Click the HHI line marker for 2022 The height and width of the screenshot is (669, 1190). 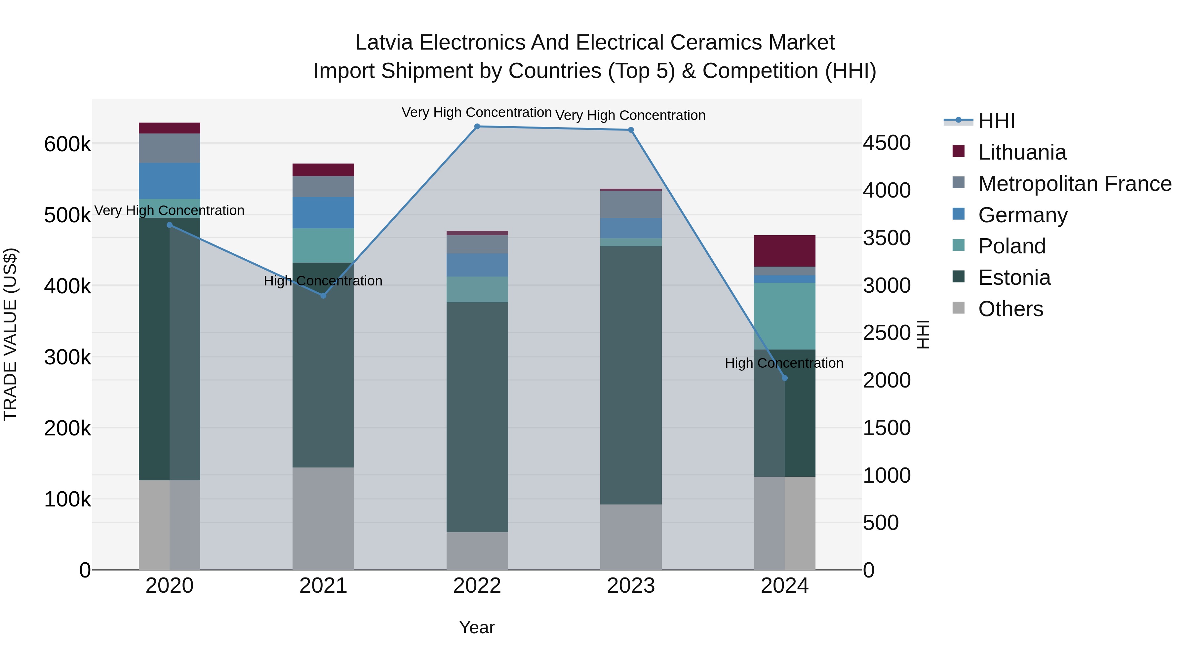point(477,127)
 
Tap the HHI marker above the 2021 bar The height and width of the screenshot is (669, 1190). point(323,295)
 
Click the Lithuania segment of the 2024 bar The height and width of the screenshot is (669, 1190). point(784,251)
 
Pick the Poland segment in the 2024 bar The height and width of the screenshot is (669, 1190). point(784,316)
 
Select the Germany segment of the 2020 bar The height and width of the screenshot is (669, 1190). point(170,180)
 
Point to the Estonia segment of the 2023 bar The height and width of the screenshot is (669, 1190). point(631,375)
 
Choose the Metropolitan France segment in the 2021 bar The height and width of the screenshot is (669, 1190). point(323,187)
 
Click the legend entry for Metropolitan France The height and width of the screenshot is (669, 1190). point(1075,184)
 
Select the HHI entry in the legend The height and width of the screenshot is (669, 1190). point(996,121)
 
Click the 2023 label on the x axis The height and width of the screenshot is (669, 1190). point(631,586)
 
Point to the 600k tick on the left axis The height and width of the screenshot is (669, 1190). point(67,144)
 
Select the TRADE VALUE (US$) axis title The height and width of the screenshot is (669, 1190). point(10,334)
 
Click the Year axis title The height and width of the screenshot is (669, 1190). point(477,627)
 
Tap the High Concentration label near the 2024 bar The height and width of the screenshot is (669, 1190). point(784,363)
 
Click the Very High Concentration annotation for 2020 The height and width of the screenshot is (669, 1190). point(170,210)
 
